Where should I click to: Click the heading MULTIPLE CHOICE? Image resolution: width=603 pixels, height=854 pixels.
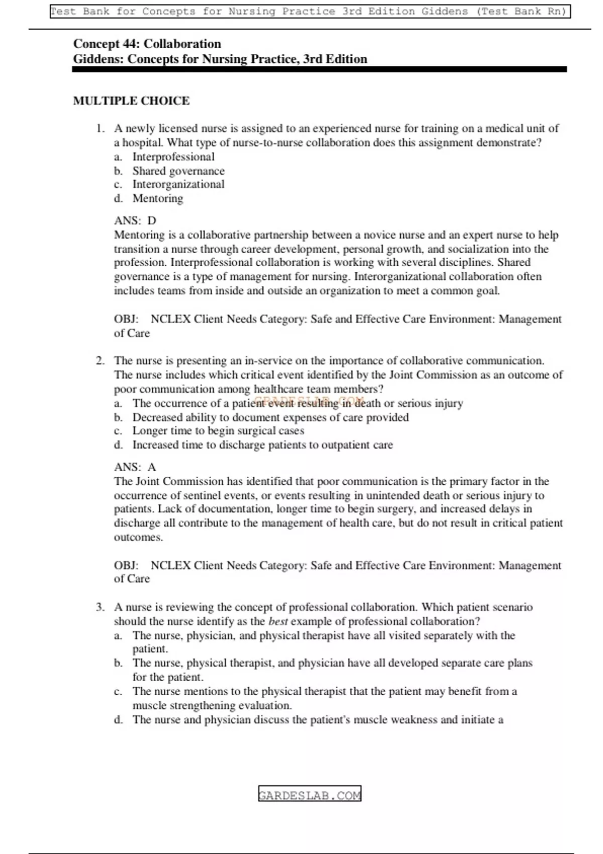coord(131,101)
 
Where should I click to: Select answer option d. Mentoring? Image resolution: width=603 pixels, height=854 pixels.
coord(157,198)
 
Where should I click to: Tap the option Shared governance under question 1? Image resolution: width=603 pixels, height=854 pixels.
coord(178,171)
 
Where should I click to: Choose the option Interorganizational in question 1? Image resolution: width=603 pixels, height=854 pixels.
coord(178,184)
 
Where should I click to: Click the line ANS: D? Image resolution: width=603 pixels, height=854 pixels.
coord(135,221)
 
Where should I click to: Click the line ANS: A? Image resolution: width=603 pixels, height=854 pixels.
coord(135,467)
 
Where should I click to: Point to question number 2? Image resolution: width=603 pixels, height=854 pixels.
coord(100,361)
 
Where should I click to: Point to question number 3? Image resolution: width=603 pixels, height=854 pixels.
coord(100,607)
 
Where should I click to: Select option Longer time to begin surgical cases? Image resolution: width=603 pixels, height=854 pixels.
coord(218,431)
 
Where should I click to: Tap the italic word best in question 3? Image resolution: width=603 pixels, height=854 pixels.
coord(278,621)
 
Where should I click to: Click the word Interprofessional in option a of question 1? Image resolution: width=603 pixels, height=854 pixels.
coord(173,157)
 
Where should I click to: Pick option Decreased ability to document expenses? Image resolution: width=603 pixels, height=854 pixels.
coord(270,417)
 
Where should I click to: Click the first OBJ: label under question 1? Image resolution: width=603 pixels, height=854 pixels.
coord(126,319)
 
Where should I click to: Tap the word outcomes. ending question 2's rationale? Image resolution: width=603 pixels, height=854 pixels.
coord(138,538)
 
